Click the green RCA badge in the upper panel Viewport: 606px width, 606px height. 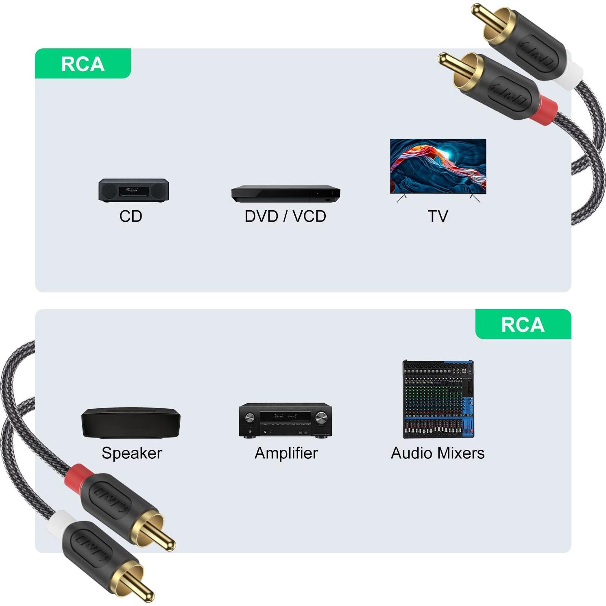click(83, 64)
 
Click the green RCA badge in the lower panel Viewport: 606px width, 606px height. click(523, 325)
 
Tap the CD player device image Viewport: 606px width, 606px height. click(133, 190)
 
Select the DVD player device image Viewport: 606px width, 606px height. click(286, 194)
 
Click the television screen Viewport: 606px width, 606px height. click(438, 166)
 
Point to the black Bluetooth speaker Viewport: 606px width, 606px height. click(131, 423)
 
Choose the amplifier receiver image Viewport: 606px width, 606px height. click(286, 421)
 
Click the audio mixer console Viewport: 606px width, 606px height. click(438, 399)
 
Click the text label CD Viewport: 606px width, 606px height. click(131, 216)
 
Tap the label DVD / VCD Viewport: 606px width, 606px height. click(286, 216)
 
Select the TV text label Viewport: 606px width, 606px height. click(438, 216)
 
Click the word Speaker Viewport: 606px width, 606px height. click(132, 453)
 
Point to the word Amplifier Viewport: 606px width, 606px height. click(286, 453)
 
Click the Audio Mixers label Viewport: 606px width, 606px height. click(438, 453)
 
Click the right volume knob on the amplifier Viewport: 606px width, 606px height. click(321, 417)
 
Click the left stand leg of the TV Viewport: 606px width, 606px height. click(401, 198)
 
